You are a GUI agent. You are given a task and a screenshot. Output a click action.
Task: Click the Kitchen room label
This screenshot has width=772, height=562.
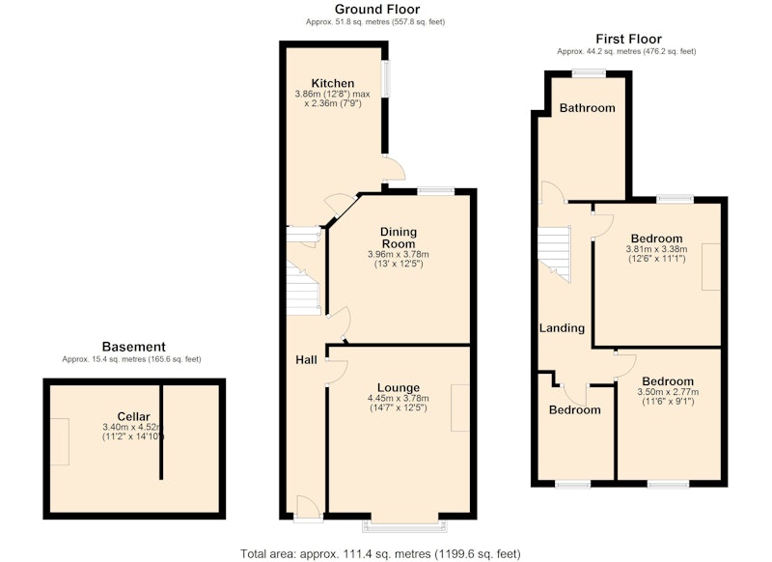tap(332, 83)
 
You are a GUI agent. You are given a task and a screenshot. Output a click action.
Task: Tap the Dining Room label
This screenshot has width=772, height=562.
tap(399, 238)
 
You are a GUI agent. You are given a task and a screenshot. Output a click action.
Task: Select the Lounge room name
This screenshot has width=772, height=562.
tap(399, 387)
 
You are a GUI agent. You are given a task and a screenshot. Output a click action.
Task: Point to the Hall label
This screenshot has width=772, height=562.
tap(306, 360)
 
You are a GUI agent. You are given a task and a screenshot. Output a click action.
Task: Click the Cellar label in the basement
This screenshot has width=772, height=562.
tap(133, 417)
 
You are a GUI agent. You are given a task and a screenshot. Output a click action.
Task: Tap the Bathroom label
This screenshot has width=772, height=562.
tap(588, 108)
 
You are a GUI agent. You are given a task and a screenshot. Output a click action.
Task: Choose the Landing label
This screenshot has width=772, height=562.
tap(562, 328)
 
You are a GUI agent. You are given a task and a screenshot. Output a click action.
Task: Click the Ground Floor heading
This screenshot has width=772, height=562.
tap(377, 10)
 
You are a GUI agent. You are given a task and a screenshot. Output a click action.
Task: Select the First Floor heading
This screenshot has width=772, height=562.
tap(629, 39)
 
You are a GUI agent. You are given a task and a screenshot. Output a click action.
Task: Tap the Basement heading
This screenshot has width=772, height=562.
tap(133, 347)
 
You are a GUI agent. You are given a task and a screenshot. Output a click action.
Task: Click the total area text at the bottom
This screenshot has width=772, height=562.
tap(380, 554)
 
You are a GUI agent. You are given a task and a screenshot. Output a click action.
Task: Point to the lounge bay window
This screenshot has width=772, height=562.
tap(404, 525)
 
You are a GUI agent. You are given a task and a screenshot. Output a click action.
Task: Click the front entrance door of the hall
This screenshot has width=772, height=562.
tap(309, 507)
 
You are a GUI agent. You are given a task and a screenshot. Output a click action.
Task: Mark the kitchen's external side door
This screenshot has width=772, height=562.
tap(394, 169)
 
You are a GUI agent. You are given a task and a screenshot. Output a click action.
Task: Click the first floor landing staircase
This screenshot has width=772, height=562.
tap(554, 253)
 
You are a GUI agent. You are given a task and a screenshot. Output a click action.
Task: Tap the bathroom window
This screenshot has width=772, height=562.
tap(589, 73)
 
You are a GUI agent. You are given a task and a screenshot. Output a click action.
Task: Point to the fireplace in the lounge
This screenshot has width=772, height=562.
tap(460, 407)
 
